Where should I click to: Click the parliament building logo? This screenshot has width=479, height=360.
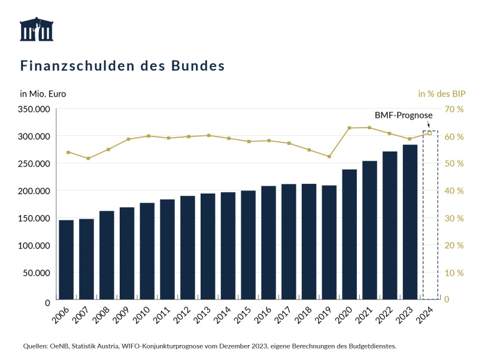(36, 29)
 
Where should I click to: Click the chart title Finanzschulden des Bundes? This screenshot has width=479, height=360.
(123, 65)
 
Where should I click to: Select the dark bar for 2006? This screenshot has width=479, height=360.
(66, 259)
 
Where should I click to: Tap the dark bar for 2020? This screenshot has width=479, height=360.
(350, 234)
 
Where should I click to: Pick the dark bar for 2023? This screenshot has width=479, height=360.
(410, 222)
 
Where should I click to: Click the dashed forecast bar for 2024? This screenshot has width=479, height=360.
(431, 216)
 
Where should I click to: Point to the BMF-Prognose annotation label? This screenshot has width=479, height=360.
(401, 114)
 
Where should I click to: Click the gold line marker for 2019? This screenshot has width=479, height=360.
(329, 156)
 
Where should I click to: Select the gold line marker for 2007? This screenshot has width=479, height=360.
(87, 158)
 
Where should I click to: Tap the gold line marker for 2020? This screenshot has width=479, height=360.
(350, 128)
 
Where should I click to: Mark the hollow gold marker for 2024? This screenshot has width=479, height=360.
(429, 133)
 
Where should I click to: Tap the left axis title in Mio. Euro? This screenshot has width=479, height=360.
(43, 93)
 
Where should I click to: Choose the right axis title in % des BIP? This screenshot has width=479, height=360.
(441, 93)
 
